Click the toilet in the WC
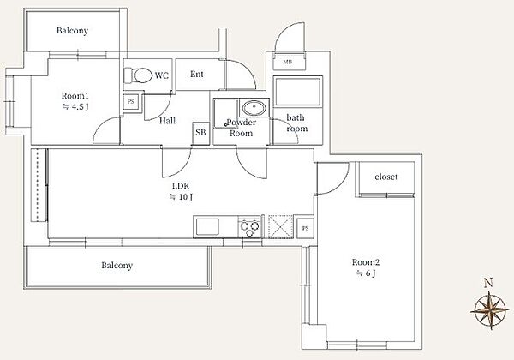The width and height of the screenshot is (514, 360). tap(138, 75)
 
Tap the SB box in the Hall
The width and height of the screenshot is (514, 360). tap(200, 133)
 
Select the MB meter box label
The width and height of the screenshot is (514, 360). tap(287, 62)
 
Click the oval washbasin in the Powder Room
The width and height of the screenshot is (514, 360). tap(254, 107)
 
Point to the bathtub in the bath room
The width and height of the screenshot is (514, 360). tap(297, 92)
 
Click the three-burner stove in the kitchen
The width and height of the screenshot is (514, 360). tap(250, 227)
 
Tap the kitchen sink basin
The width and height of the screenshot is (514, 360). tap(207, 226)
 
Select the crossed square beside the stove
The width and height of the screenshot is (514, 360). tap(281, 226)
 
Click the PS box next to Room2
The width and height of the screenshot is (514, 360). tap(306, 228)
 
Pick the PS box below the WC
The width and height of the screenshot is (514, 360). tap(131, 102)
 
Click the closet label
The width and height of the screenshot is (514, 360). tap(386, 177)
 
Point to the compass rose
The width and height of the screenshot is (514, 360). tap(490, 309)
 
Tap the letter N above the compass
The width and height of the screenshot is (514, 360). tap(488, 283)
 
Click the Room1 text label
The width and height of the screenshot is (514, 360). tap(75, 96)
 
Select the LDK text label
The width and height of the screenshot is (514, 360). tap(181, 186)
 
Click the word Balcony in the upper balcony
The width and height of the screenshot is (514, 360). tap(73, 31)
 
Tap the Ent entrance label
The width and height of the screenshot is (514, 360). tap(197, 74)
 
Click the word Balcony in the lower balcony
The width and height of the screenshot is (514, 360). tap(117, 265)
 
